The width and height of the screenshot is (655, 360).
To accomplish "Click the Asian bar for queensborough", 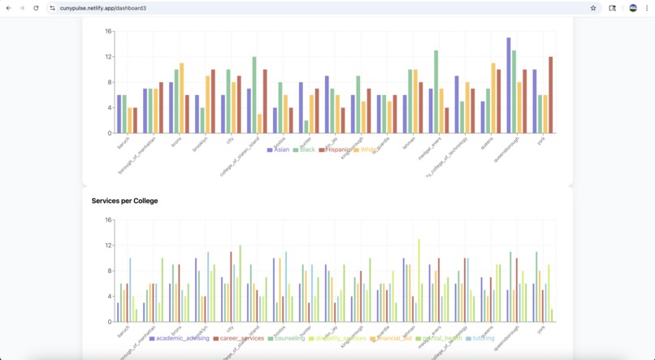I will point(509,85).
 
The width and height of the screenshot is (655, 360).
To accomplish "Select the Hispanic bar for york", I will point(550,95).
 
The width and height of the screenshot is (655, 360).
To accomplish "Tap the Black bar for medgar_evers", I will point(436,92).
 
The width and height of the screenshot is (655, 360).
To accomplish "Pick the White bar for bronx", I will point(182,98).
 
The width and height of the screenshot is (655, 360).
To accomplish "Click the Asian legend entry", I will point(278,150).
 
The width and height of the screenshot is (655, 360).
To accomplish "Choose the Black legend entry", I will point(304,150).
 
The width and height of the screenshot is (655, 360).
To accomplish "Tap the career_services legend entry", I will point(239,338).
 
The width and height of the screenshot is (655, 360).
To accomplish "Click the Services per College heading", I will point(124,201).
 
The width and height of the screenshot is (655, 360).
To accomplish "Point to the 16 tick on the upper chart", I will point(108,32).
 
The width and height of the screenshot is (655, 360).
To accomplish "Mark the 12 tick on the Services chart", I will point(108,245).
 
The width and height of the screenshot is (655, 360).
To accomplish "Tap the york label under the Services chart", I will point(542,329).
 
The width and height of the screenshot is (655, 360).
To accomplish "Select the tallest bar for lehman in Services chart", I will point(419,280).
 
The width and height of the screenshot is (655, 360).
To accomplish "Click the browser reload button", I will point(36,8).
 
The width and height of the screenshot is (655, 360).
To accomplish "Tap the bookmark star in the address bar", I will point(593,8).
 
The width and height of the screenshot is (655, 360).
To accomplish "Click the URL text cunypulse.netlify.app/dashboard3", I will point(103,8).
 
